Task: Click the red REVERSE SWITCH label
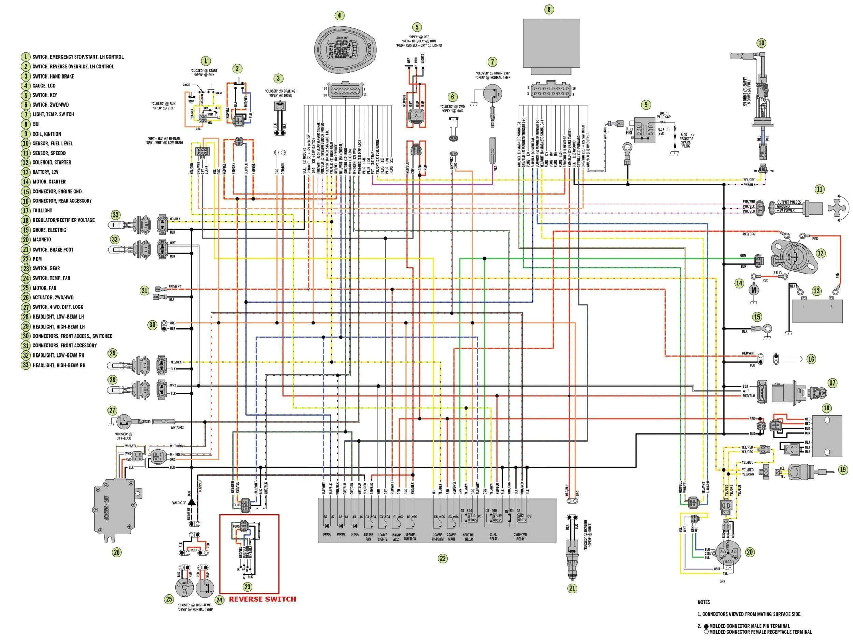coord(262,599)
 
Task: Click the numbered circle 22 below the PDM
coord(442,558)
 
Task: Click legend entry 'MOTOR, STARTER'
coord(49,182)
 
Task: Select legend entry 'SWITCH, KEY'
coord(45,95)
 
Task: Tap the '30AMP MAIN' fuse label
coord(451,537)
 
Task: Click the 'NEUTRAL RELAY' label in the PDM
coord(468,537)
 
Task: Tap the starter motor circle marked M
coord(752,289)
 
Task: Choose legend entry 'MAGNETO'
coord(42,240)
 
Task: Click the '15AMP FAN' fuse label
coord(368,537)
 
